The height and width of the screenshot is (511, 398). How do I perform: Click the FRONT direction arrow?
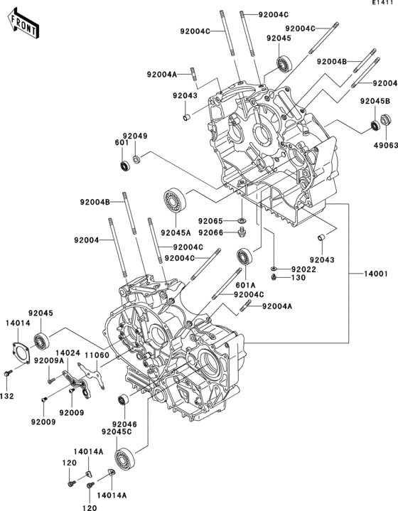(23, 23)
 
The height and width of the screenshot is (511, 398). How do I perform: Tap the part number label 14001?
(376, 274)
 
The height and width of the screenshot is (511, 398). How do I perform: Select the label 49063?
(386, 145)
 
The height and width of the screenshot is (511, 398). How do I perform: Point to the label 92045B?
(375, 102)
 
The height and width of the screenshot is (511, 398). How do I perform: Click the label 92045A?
(176, 232)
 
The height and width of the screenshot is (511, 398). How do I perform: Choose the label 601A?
(245, 286)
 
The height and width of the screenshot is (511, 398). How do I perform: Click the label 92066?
(210, 232)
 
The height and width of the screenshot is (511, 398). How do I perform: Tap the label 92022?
(303, 269)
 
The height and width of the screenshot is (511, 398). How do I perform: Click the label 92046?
(124, 424)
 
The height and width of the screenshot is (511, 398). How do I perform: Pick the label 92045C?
(117, 432)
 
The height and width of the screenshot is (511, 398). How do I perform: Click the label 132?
(7, 397)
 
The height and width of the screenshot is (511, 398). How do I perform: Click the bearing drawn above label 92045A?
(174, 200)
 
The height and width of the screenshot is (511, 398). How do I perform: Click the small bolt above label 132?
(8, 373)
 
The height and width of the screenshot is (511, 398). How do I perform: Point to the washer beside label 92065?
(242, 221)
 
